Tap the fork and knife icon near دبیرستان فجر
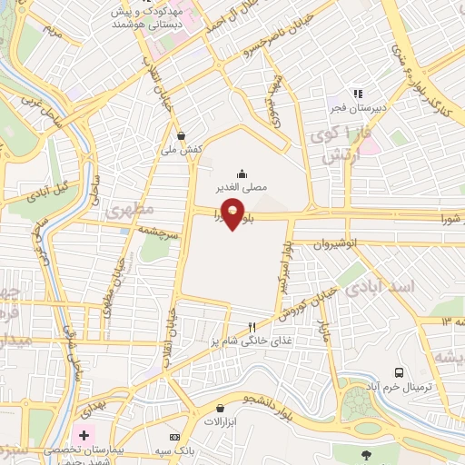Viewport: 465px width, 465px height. [x=359, y=93]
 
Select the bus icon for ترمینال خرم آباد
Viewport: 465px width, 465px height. [x=399, y=371]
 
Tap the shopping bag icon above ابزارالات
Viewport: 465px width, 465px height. [x=219, y=409]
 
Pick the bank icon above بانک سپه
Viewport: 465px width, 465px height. [x=174, y=439]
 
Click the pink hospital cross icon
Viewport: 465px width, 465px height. [x=84, y=434]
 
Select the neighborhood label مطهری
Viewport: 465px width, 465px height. [x=126, y=213]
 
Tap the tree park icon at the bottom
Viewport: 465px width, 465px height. [x=366, y=454]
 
